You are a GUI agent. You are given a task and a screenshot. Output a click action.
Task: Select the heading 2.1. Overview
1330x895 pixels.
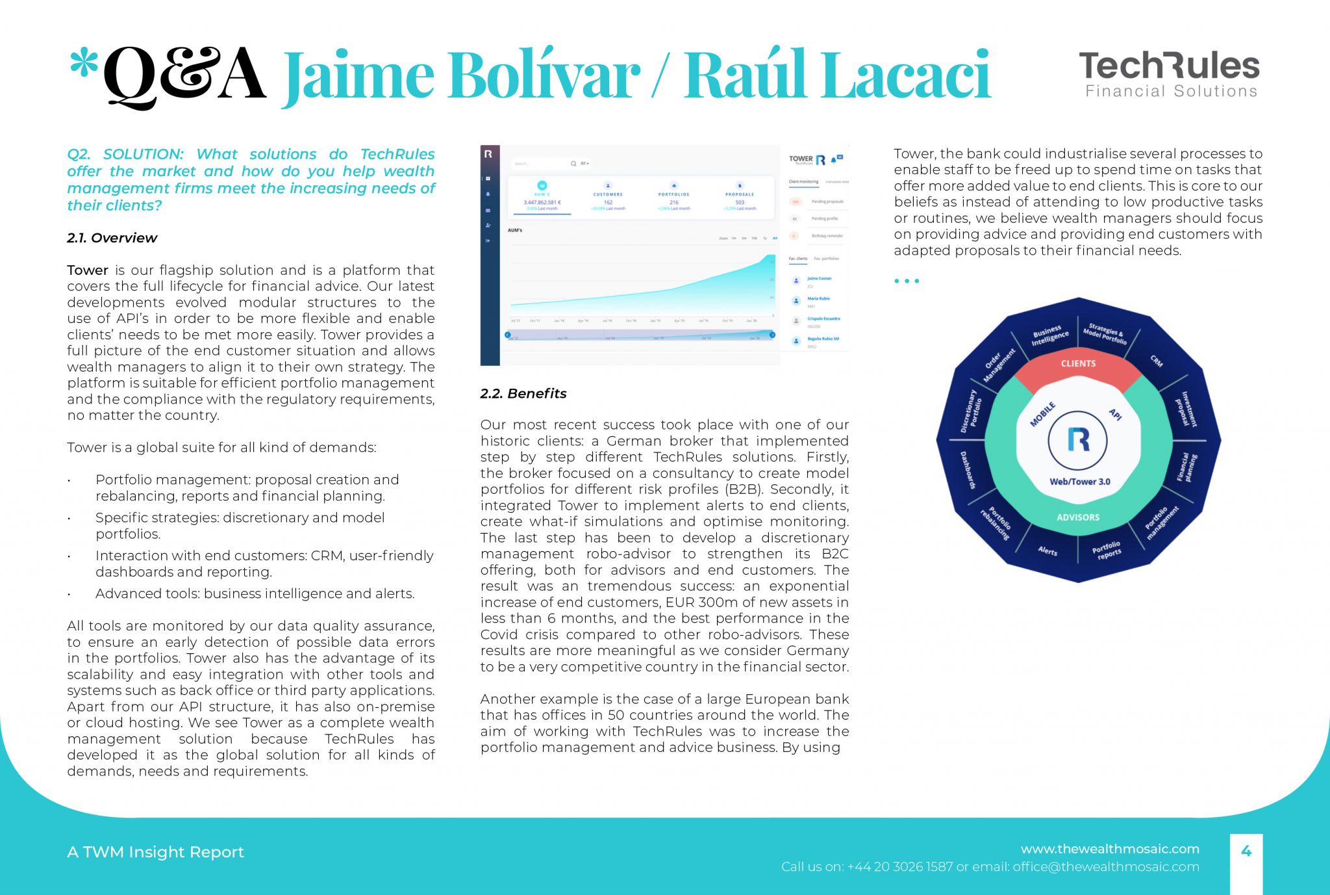click(x=112, y=238)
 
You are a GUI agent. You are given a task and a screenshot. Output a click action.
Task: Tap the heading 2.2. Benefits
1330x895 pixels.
click(x=523, y=393)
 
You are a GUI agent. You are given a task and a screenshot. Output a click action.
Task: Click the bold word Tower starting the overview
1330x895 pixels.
click(x=87, y=270)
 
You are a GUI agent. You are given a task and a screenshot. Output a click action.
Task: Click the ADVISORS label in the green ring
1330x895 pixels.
click(x=1078, y=517)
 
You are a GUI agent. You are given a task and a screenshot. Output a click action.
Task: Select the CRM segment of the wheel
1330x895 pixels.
click(x=1157, y=360)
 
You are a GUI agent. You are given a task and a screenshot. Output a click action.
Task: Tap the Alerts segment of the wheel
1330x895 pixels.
click(x=1047, y=551)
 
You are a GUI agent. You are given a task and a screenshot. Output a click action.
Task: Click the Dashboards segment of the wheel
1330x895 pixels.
click(x=968, y=469)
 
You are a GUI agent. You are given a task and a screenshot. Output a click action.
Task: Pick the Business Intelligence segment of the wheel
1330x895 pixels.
click(x=1049, y=335)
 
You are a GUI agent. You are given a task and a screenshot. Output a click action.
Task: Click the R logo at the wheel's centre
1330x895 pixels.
click(x=1078, y=440)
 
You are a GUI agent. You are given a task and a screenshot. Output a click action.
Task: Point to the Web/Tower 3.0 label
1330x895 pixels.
click(x=1079, y=482)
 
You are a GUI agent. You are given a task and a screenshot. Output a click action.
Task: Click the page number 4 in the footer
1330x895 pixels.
click(x=1246, y=851)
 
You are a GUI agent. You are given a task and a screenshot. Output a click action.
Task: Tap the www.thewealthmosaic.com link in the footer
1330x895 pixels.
click(x=1109, y=849)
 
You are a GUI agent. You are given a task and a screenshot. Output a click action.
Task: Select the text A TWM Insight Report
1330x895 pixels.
click(x=155, y=852)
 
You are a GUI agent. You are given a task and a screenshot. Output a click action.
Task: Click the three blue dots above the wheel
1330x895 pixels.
click(x=907, y=281)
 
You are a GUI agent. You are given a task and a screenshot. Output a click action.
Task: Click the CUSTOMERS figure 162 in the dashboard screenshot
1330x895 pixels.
click(x=608, y=202)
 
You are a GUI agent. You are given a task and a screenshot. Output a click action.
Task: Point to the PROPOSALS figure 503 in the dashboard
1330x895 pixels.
click(x=740, y=202)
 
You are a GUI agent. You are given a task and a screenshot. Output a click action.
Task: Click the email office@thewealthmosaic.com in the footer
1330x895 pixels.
click(x=1105, y=867)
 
